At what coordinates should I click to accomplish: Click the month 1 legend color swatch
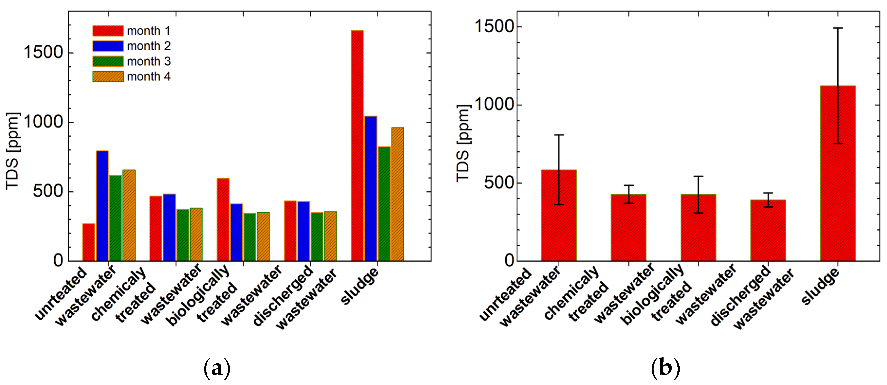pos(108,31)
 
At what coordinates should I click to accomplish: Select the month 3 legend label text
pos(148,61)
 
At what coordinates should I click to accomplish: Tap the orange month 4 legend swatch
pos(108,76)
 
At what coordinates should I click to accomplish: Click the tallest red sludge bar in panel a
pos(357,144)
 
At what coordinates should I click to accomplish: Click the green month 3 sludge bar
pos(384,203)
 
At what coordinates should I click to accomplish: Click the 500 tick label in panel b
pos(499,182)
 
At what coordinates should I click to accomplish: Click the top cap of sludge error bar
pos(837,28)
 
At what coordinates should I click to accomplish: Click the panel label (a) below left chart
pos(217,368)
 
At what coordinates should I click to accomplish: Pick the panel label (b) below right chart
pos(665,368)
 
